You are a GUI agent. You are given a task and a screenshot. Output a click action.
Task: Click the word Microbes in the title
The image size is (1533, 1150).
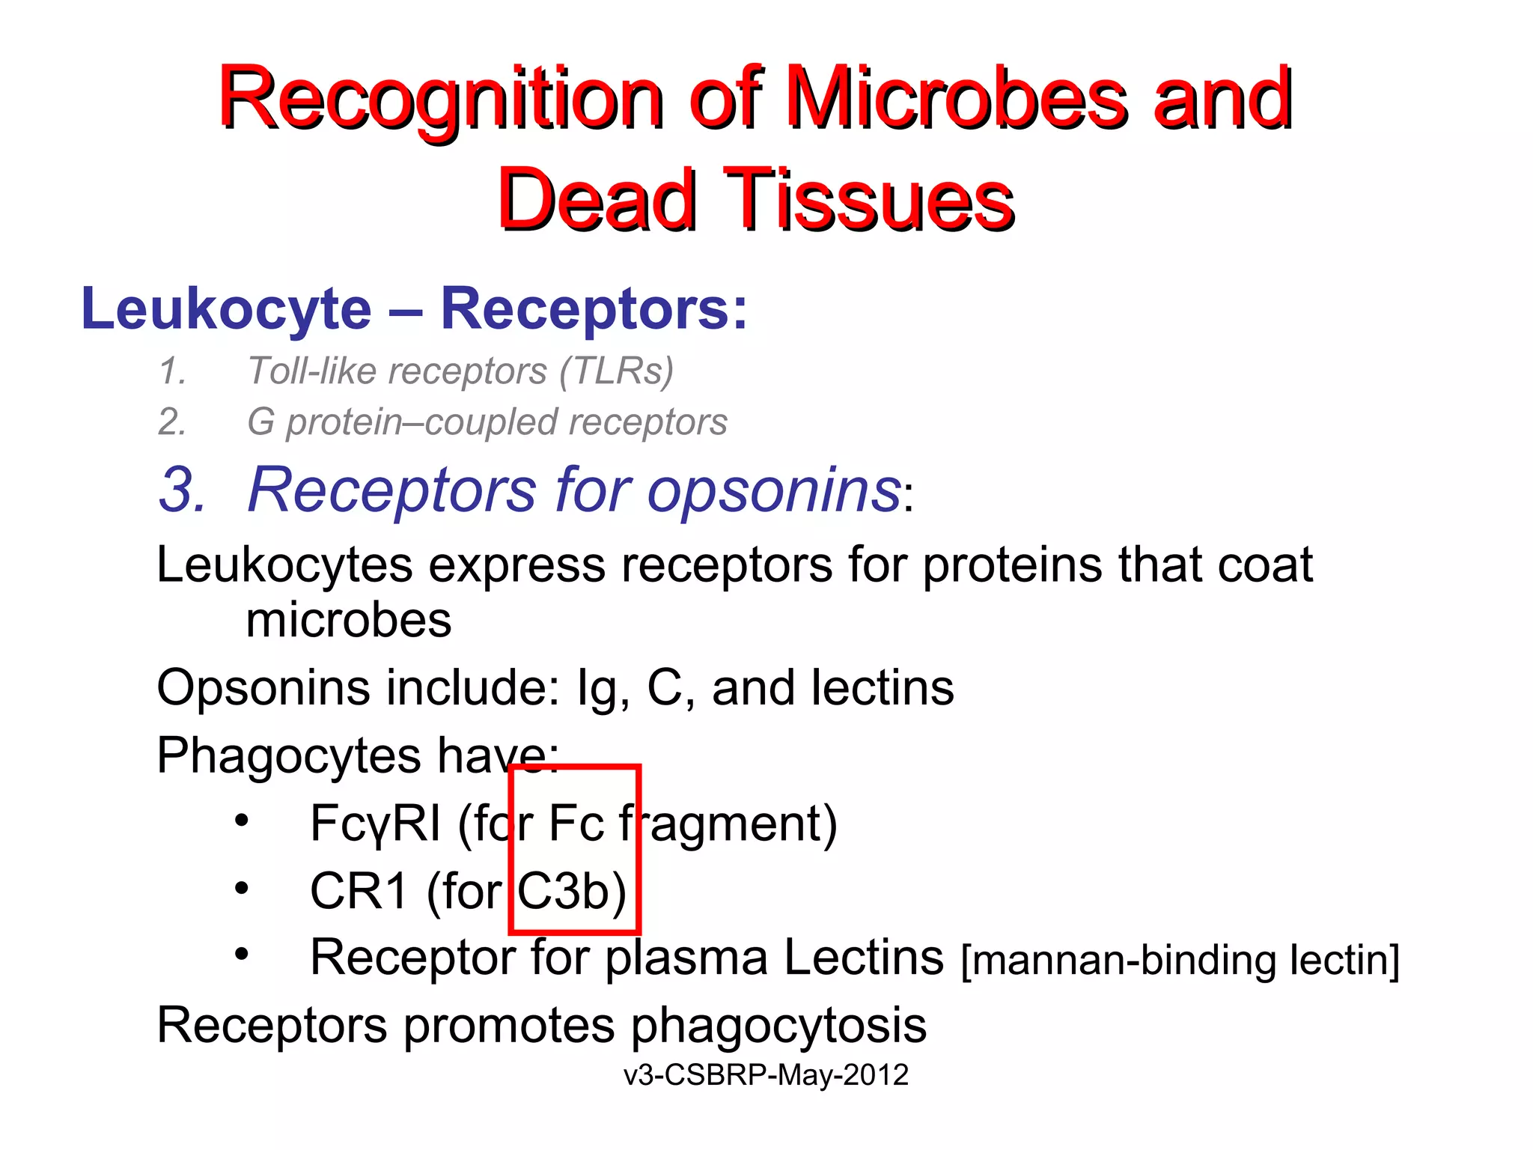coord(957,99)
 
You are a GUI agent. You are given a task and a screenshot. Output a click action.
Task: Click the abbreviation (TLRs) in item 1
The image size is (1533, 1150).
coord(617,371)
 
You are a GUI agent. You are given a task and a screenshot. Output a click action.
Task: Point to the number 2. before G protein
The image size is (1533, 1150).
coord(172,422)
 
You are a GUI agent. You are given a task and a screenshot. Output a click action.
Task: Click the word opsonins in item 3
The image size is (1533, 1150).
coord(774,490)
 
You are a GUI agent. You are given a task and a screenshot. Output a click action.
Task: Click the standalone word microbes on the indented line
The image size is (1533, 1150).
coord(349,621)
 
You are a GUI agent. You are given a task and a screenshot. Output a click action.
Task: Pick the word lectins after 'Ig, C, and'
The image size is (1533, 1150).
coord(883,688)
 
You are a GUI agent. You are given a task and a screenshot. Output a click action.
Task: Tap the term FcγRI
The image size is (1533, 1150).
coord(375,824)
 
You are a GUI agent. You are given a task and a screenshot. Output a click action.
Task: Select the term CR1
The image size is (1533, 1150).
coord(359,891)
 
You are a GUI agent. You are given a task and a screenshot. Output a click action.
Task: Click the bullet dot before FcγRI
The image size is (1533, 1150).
coord(241,821)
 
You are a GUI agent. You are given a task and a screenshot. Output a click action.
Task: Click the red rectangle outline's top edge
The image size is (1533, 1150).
coord(574,767)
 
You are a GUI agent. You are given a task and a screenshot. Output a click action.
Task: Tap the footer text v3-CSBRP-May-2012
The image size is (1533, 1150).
coord(766,1075)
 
